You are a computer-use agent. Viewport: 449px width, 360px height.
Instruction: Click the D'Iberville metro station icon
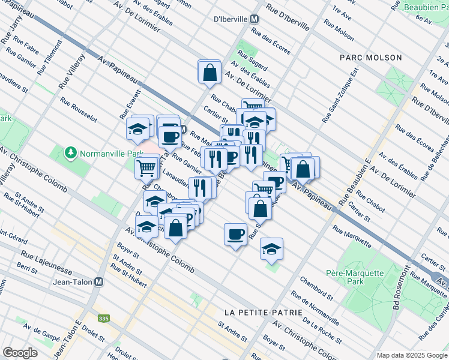(x=255, y=19)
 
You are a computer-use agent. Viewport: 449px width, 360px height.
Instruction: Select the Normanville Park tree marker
(x=71, y=152)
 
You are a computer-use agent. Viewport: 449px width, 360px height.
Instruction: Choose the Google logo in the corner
(x=20, y=353)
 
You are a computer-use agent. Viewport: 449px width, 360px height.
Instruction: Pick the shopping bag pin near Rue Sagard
(x=210, y=72)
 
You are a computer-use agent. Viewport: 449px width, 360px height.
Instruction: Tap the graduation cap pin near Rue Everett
(x=137, y=128)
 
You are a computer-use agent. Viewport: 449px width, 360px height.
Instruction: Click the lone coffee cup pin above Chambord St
(x=235, y=233)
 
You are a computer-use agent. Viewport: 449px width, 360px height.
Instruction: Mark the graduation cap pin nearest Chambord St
(x=271, y=248)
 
